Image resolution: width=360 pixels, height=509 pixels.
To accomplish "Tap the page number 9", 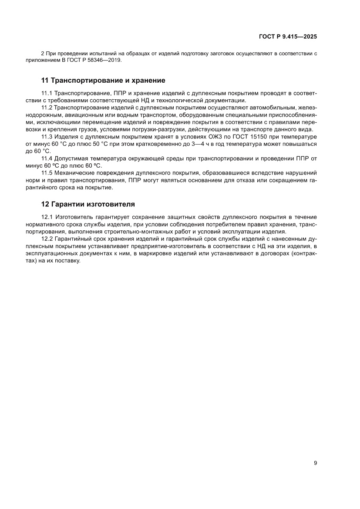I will point(315,463).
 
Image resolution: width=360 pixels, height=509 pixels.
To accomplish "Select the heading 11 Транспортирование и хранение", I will point(103,81).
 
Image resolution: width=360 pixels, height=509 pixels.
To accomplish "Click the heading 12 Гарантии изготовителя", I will point(88,204).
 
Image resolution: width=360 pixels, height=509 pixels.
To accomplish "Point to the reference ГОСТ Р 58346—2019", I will point(97,60).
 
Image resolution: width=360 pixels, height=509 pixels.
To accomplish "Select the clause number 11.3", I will point(46,137).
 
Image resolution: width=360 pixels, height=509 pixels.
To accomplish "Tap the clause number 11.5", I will point(46,173).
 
